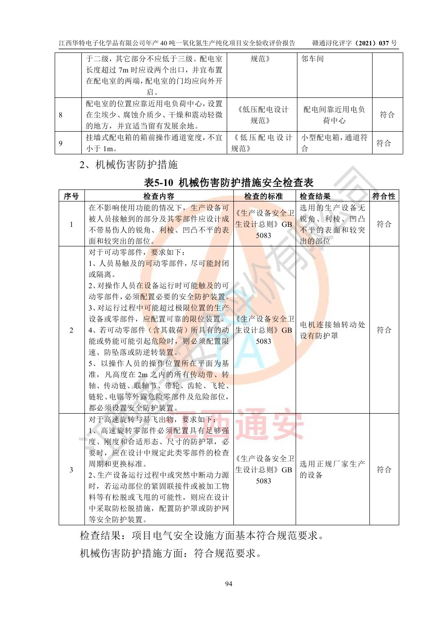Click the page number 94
tap(229, 584)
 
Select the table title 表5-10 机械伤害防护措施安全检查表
tap(229, 182)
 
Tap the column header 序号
tap(71, 196)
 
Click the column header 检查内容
tap(159, 196)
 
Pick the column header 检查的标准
tap(264, 196)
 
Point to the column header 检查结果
tap(315, 196)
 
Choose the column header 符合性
tap(384, 196)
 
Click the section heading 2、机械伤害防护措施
tap(128, 165)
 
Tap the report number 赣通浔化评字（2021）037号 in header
tap(354, 43)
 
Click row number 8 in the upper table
tap(61, 115)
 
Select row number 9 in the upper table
tap(61, 143)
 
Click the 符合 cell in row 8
tap(387, 115)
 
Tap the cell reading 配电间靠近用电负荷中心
tap(334, 115)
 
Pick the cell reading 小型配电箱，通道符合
tap(334, 143)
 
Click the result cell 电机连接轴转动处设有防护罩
tap(332, 330)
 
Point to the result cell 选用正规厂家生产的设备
tap(332, 469)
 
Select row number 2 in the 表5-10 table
tap(71, 330)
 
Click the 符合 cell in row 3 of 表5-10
tap(384, 469)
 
